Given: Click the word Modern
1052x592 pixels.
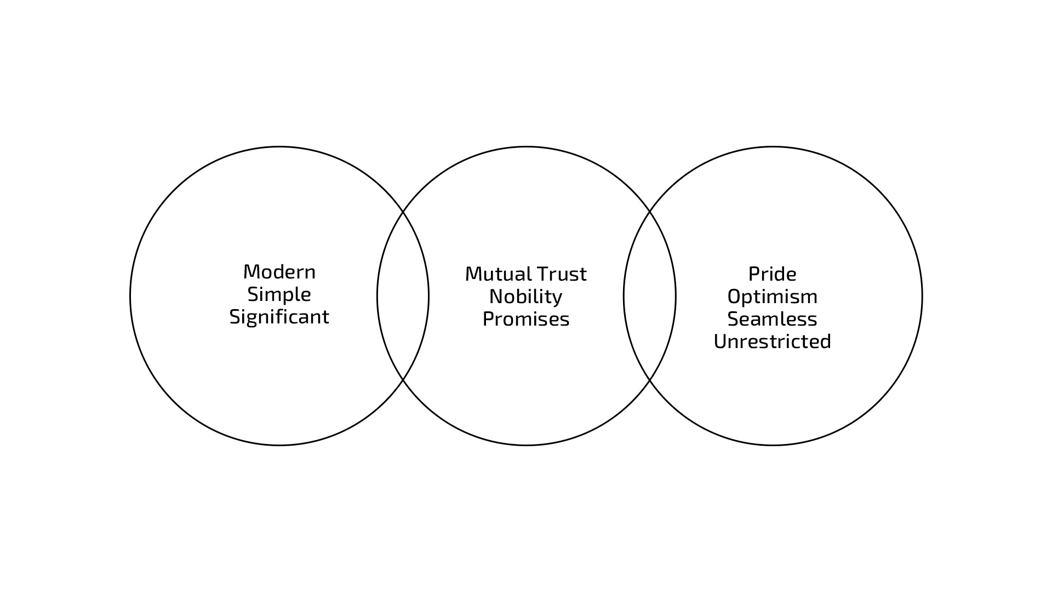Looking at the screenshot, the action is [279, 272].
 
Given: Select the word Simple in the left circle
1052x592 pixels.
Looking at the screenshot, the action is [279, 295].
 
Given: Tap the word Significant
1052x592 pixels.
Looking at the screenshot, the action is [279, 317].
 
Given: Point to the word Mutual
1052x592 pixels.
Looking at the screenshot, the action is [498, 274].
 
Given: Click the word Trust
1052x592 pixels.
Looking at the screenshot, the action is [562, 274].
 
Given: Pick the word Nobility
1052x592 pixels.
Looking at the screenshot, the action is [526, 297].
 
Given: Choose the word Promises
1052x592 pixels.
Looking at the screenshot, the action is [526, 319].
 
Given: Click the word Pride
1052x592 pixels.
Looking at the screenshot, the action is [773, 274].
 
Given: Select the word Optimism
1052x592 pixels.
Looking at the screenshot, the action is [773, 297].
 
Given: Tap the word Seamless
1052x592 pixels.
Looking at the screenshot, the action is [773, 319].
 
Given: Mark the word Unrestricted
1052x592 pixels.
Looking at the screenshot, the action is [773, 341].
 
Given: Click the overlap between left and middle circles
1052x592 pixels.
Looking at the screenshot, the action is [403, 296].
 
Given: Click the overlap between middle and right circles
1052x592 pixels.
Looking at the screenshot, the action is [650, 296].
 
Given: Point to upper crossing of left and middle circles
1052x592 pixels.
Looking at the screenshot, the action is [403, 211].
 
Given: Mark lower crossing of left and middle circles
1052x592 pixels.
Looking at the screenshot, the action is [403, 380].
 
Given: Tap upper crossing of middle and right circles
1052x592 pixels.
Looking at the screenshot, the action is [650, 211].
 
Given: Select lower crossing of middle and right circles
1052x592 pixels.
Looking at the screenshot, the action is [650, 380].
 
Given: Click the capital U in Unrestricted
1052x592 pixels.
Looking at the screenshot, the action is [720, 341].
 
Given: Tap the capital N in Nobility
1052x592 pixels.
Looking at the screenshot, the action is [496, 297].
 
